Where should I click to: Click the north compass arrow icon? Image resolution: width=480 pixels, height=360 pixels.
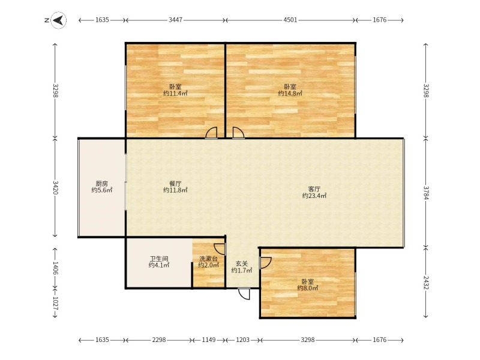[57, 20]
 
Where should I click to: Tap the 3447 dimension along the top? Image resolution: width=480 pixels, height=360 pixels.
[175, 20]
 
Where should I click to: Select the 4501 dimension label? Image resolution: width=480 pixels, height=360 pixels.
[290, 20]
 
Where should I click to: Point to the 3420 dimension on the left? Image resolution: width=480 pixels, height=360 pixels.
[55, 188]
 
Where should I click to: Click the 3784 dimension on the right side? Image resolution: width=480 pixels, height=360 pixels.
[425, 193]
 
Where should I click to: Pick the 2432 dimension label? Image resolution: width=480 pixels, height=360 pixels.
[425, 283]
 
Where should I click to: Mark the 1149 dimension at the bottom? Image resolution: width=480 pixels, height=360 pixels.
[209, 340]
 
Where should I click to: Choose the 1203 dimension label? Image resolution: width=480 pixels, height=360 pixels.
[242, 340]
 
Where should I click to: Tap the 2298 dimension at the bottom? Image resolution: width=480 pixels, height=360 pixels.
[158, 340]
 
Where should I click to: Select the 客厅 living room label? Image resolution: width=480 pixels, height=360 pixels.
[314, 188]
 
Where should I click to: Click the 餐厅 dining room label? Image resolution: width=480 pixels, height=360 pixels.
[175, 184]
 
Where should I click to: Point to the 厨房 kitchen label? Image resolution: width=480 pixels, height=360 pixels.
[102, 184]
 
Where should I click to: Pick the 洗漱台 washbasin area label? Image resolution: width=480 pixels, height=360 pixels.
[208, 259]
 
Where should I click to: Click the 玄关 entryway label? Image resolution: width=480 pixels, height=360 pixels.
[242, 263]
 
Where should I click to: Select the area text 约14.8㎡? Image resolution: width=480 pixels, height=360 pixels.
[290, 94]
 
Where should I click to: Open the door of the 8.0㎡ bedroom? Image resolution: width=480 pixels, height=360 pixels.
[265, 262]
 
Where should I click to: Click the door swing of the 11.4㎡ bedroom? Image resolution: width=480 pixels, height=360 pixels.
[211, 133]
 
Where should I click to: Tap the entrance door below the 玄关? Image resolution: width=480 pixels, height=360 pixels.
[244, 293]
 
